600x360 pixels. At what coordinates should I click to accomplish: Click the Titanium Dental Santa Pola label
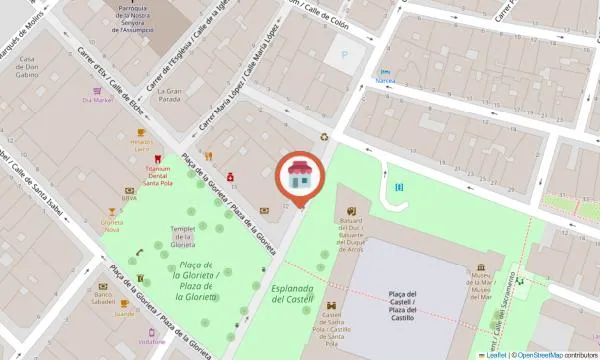(x=155, y=177)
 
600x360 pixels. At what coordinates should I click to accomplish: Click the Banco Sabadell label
(x=103, y=299)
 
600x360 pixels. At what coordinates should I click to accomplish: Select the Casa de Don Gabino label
(x=28, y=67)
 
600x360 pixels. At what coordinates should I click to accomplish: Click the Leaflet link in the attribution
(x=495, y=355)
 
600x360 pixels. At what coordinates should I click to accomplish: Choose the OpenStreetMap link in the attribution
(x=539, y=355)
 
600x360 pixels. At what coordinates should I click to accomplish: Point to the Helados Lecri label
(x=141, y=145)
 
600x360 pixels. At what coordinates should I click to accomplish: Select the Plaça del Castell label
(x=408, y=298)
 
